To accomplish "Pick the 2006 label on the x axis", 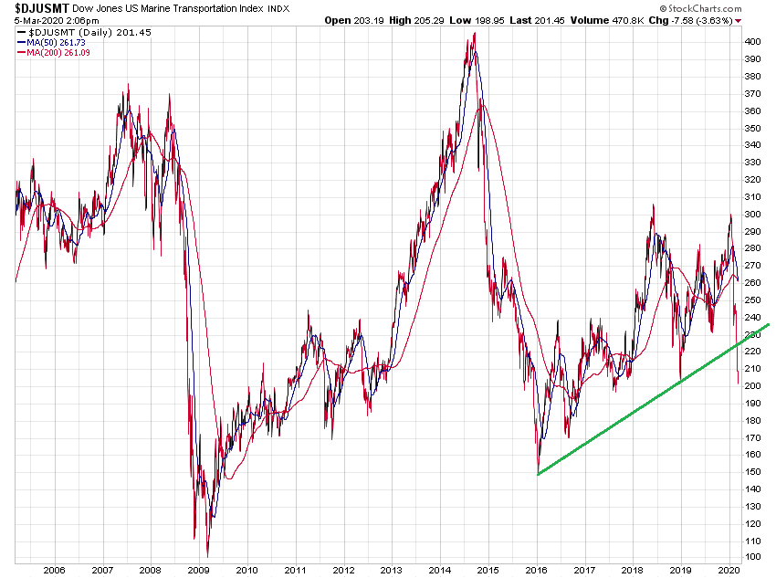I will pos(54,569).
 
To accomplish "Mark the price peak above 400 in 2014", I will pos(474,35).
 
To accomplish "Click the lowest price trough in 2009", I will pos(208,555).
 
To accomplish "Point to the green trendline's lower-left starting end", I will pos(539,474).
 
